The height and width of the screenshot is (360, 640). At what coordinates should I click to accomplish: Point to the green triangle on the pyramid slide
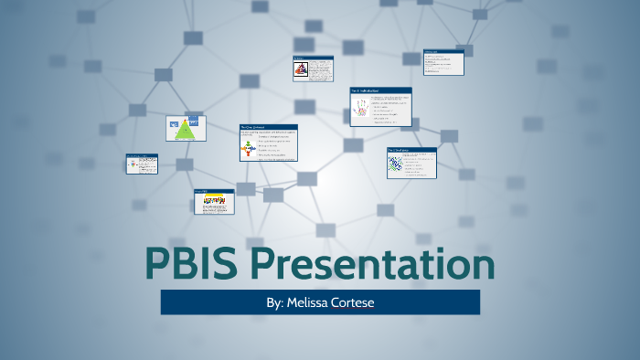(187, 129)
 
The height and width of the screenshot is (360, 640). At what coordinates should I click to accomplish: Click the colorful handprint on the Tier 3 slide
(361, 110)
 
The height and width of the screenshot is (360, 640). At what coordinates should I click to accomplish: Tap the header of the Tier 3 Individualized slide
(380, 90)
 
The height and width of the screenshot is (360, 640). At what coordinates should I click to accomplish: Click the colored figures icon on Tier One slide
(247, 147)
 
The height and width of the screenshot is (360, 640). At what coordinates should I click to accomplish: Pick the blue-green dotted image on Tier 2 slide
(395, 164)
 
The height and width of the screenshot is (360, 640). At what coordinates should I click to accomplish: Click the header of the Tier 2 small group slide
(411, 150)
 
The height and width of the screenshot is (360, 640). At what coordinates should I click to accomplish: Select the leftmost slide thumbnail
(142, 164)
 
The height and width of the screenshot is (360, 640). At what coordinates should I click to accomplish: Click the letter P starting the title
(161, 264)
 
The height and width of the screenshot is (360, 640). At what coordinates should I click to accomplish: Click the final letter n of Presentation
(482, 264)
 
